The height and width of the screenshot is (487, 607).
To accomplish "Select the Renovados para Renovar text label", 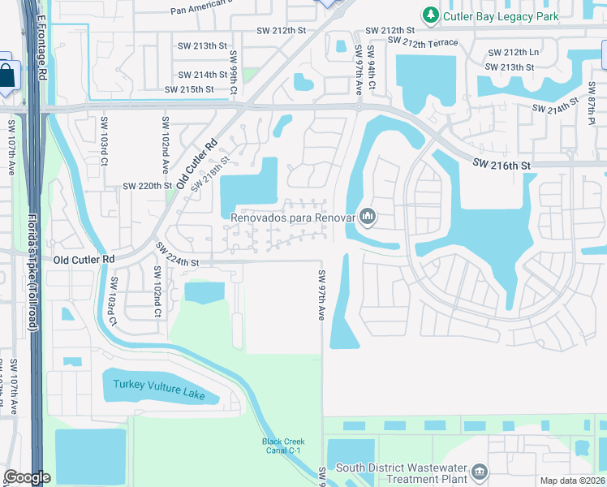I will click(x=293, y=217).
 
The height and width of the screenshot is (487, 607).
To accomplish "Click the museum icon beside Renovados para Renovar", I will click(x=368, y=216).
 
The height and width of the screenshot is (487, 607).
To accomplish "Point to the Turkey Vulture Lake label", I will click(x=159, y=389).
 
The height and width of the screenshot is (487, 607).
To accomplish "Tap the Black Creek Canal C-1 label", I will click(x=282, y=446).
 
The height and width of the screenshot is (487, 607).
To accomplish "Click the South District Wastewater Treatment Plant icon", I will click(x=480, y=472).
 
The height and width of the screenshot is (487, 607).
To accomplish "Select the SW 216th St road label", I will click(x=502, y=165).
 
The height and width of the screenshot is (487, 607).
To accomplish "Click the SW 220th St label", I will click(x=148, y=186).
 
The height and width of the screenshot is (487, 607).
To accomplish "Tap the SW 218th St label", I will click(x=206, y=169).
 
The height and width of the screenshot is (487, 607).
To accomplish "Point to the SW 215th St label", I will click(x=189, y=89).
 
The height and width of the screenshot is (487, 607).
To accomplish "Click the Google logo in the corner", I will click(x=27, y=477).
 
